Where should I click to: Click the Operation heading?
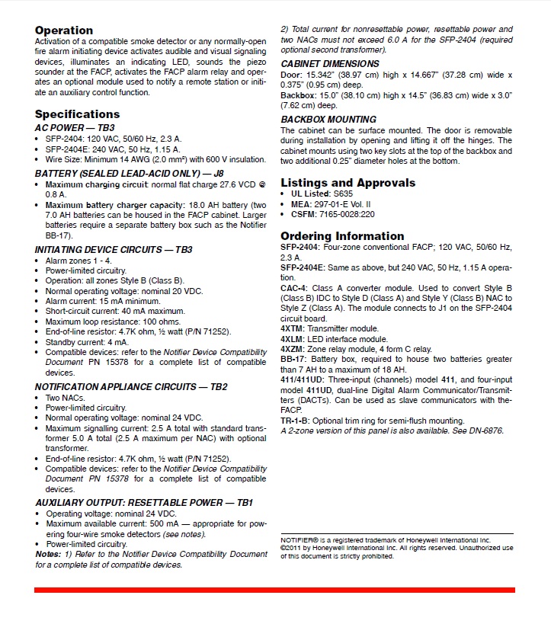click(x=64, y=30)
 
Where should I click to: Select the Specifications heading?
click(x=78, y=114)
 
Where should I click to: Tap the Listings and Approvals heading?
click(x=348, y=183)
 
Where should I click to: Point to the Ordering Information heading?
click(x=342, y=236)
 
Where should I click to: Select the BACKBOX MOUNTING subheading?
click(x=328, y=120)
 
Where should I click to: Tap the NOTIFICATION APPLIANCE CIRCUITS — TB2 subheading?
click(x=131, y=387)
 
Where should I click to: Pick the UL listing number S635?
click(x=344, y=194)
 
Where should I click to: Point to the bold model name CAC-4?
click(x=295, y=288)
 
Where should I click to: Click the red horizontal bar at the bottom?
click(x=274, y=590)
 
